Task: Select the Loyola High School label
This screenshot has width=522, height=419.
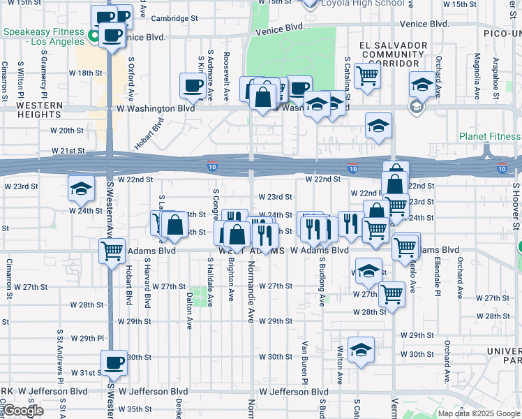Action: click(x=362, y=3)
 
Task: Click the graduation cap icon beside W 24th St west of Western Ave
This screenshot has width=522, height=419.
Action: click(x=81, y=189)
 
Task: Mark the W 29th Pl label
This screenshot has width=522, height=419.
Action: click(x=91, y=339)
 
